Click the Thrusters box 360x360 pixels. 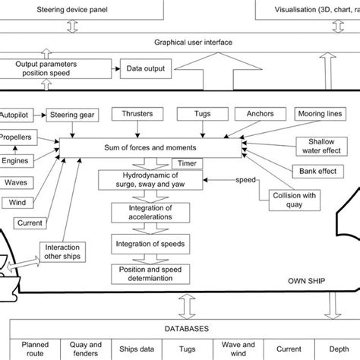[x=138, y=115]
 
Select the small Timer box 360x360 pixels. [x=186, y=163]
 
